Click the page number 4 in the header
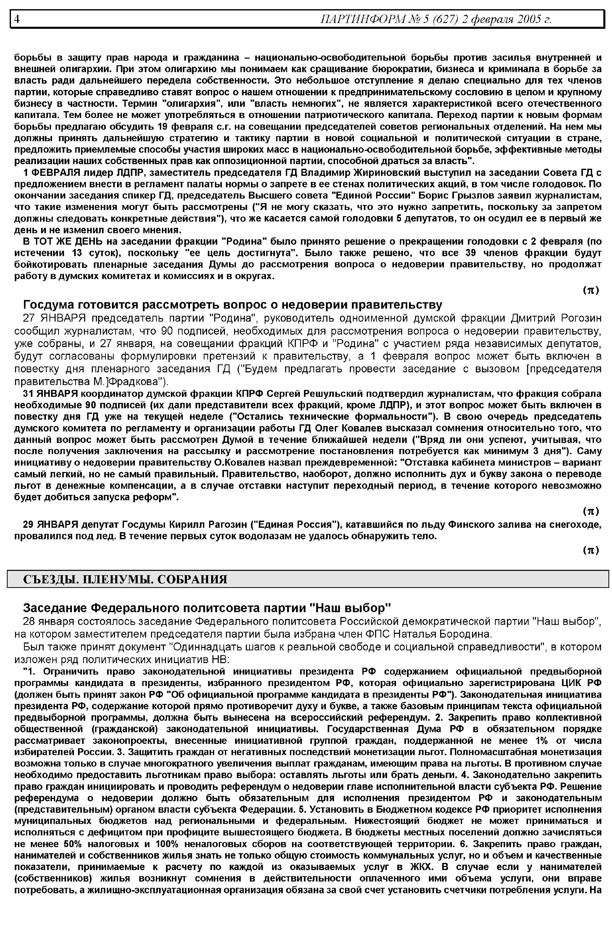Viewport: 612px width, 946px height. click(x=17, y=19)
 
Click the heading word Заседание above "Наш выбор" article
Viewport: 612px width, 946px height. click(x=55, y=608)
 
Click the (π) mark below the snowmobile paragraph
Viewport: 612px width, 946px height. click(x=591, y=550)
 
